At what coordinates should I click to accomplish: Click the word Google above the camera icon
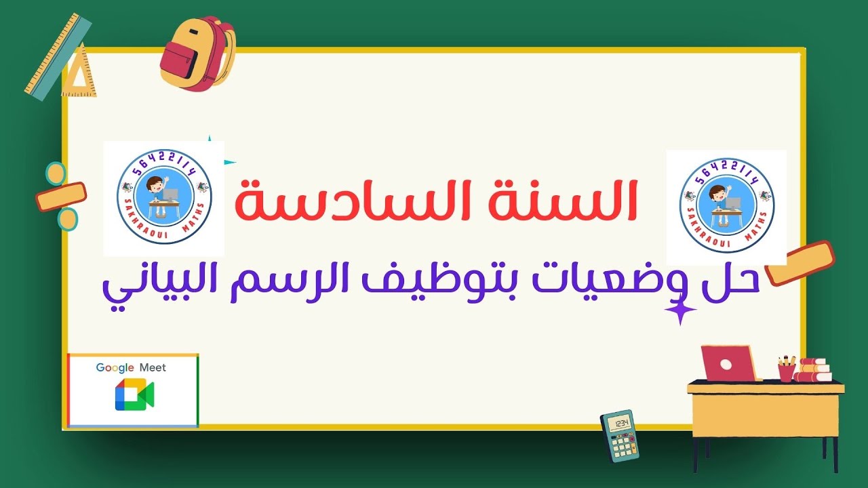115,368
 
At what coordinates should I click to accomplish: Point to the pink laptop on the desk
728,364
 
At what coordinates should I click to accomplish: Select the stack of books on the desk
814,371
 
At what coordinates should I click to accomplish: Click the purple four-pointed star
680,310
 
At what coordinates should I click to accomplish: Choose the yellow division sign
62,196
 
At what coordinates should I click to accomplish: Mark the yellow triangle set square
81,73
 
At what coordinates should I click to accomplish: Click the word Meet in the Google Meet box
153,368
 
